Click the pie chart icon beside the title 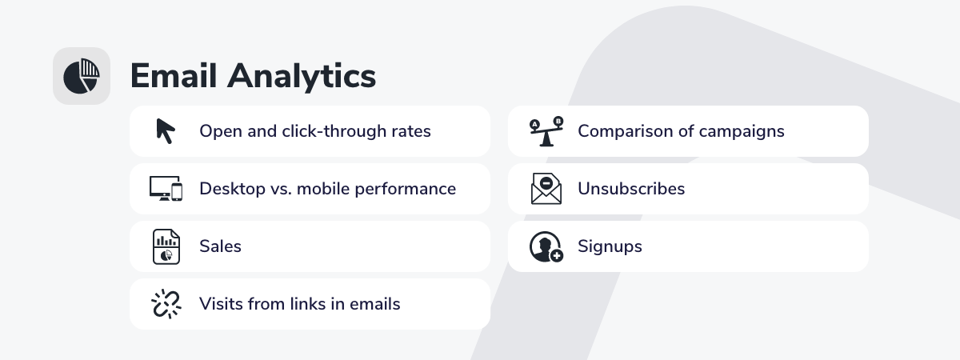(82, 76)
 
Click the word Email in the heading (173, 76)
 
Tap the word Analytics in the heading (302, 77)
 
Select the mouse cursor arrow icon (166, 130)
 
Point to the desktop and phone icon (166, 189)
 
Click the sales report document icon (166, 246)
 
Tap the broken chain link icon (166, 304)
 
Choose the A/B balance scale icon (546, 131)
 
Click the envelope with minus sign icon (546, 189)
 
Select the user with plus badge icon (546, 246)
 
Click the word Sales (220, 246)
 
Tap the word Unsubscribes (631, 189)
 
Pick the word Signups (610, 247)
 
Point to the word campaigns (742, 132)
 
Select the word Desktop (232, 189)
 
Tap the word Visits (221, 304)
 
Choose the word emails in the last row (375, 304)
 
